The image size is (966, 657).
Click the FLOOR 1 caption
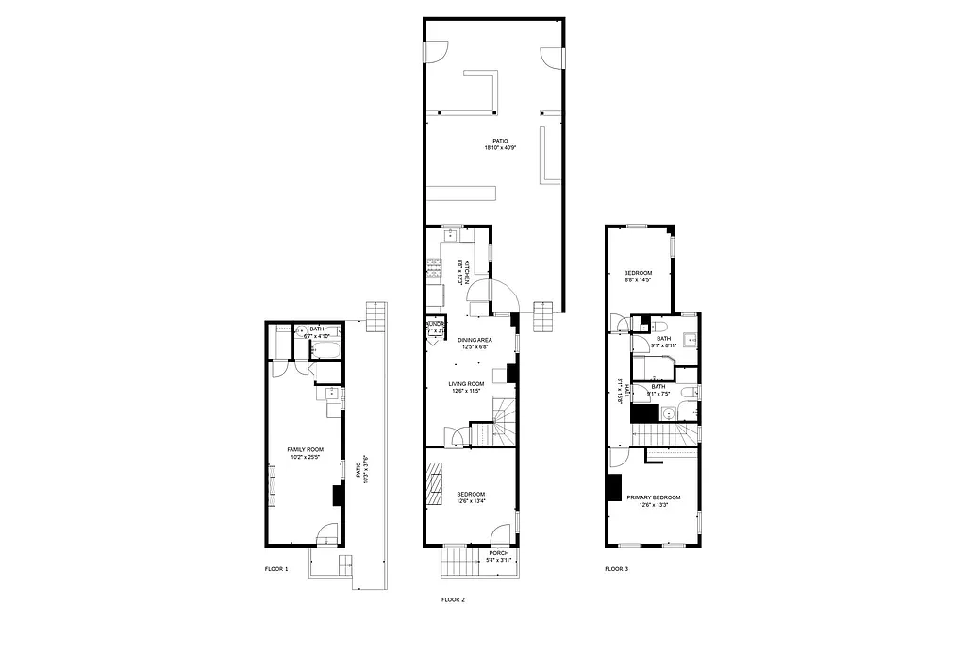click(x=275, y=569)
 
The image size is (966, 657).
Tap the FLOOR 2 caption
click(x=453, y=599)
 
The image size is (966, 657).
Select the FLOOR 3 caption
click(x=616, y=569)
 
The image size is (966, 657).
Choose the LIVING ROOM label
click(x=466, y=383)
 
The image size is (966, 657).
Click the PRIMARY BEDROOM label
click(x=653, y=497)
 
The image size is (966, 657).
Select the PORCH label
click(x=498, y=553)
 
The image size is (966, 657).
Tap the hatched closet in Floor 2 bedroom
click(x=435, y=484)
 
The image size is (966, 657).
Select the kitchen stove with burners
click(x=435, y=269)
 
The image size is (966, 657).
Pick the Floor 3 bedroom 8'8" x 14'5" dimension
click(x=639, y=279)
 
